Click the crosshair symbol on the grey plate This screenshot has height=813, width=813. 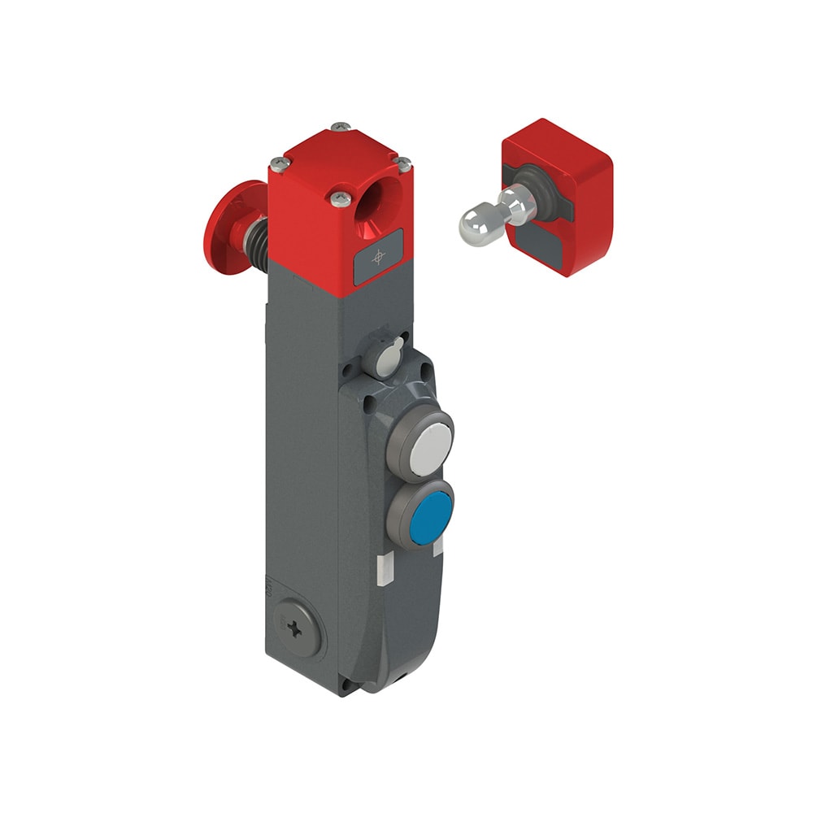coord(378,257)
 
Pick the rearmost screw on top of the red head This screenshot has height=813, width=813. coord(339,126)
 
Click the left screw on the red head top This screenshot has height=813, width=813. coord(280,163)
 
